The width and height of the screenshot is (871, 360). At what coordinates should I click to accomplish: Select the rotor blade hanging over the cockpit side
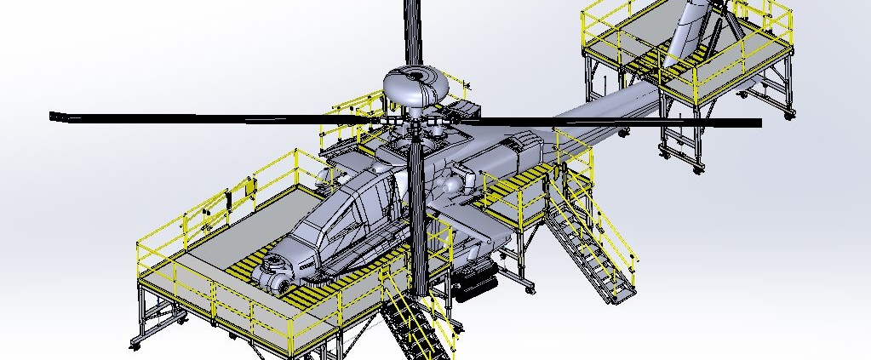point(417,221)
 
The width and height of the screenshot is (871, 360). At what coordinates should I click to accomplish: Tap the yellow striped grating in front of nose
point(255,272)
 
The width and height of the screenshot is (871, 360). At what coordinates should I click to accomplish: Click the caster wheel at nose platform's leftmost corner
point(135,345)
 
